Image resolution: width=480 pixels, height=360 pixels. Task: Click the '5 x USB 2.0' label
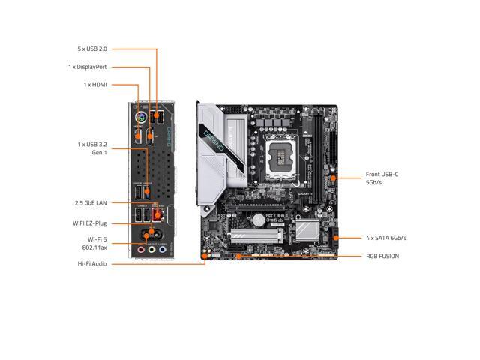pyautogui.click(x=92, y=49)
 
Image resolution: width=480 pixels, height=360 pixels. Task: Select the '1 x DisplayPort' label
pyautogui.click(x=86, y=67)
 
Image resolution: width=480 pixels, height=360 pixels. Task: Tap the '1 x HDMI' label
pyautogui.click(x=94, y=85)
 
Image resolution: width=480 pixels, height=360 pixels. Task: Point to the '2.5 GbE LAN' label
pyautogui.click(x=91, y=203)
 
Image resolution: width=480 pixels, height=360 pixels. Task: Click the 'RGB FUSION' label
pyautogui.click(x=382, y=256)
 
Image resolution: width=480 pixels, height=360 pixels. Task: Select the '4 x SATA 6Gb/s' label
pyautogui.click(x=386, y=238)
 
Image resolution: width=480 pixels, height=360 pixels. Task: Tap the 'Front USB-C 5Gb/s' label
pyautogui.click(x=382, y=178)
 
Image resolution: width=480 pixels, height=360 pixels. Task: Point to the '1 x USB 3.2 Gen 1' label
pyautogui.click(x=92, y=148)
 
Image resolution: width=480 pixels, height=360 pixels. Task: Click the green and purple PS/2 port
pyautogui.click(x=139, y=118)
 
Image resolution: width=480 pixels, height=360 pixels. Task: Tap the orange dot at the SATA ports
pyautogui.click(x=335, y=238)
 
